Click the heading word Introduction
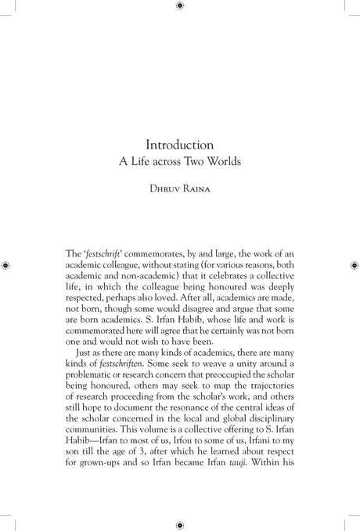180,145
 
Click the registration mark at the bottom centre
180,525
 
